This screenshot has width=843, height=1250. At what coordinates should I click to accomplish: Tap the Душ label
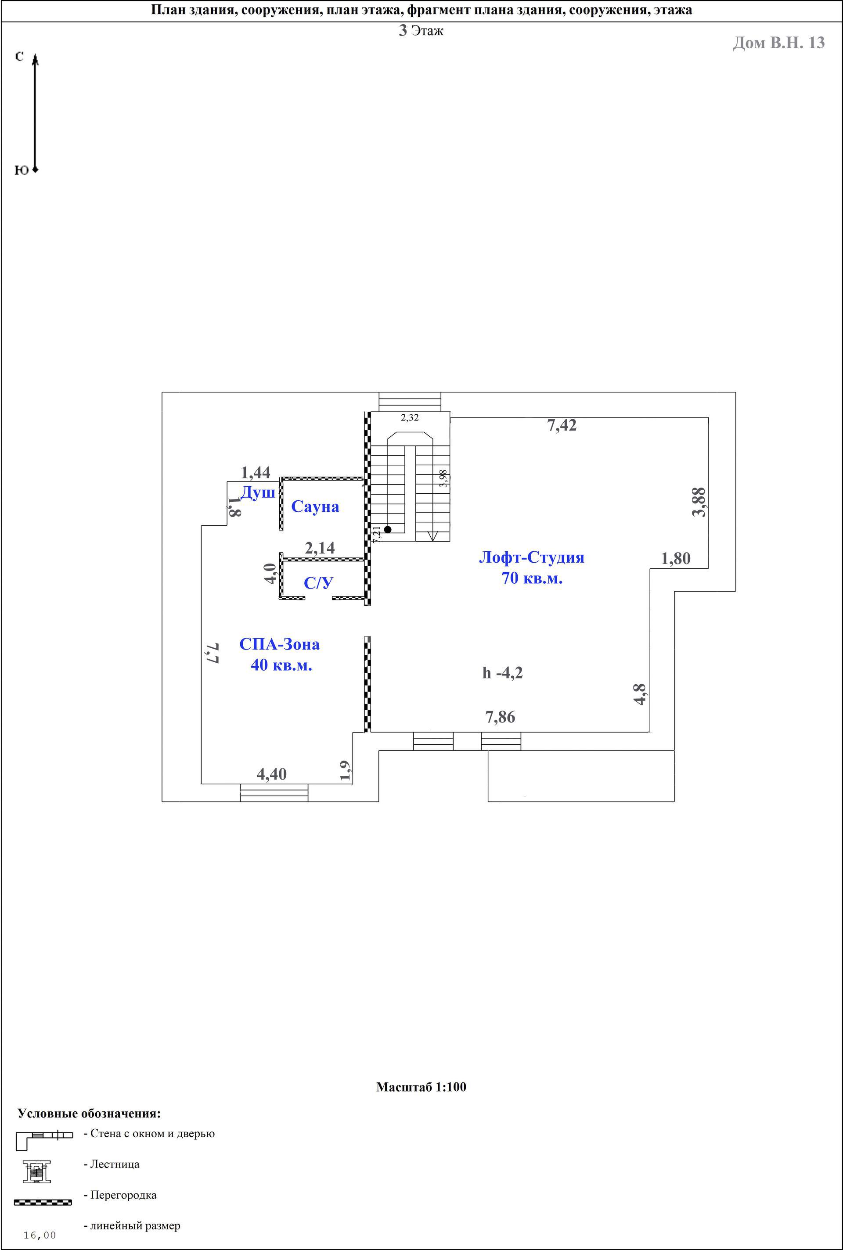(x=258, y=493)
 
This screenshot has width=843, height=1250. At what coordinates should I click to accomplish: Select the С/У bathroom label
(x=318, y=583)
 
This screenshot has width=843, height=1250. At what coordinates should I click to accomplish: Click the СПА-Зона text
(x=280, y=644)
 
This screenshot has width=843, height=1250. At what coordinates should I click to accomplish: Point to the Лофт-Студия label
(x=532, y=557)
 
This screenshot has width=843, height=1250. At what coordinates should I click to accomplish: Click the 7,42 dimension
(x=562, y=426)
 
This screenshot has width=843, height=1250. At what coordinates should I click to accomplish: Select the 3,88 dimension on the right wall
(x=699, y=502)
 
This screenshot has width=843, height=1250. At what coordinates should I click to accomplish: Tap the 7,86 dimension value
(x=500, y=717)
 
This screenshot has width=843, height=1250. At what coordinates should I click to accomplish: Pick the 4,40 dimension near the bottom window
(x=271, y=774)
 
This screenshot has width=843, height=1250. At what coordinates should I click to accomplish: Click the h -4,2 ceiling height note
(x=503, y=673)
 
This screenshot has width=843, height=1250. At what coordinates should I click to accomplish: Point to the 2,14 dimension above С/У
(x=320, y=548)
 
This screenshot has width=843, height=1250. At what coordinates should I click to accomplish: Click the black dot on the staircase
(x=388, y=529)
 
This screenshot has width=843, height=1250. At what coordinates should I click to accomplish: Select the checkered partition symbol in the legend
(x=43, y=1202)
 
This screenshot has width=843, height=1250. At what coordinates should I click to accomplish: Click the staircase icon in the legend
(x=36, y=1171)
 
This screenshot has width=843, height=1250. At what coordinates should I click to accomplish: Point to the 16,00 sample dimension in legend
(x=40, y=1236)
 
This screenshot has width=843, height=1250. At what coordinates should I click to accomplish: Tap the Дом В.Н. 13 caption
(x=778, y=43)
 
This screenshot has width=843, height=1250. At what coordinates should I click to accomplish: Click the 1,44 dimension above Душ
(x=256, y=472)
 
